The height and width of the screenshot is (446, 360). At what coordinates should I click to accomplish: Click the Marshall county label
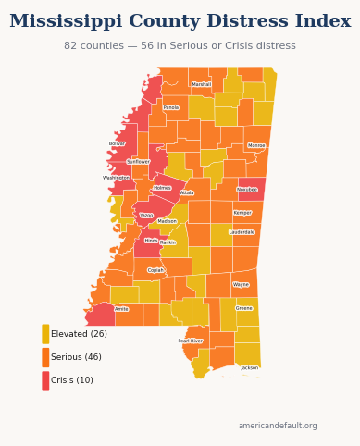pyautogui.click(x=201, y=84)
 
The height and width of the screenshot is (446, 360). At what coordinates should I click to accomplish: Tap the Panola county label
pyautogui.click(x=171, y=107)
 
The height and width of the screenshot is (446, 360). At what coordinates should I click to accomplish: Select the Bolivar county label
pyautogui.click(x=117, y=143)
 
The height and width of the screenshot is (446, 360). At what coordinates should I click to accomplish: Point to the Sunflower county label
pyautogui.click(x=138, y=162)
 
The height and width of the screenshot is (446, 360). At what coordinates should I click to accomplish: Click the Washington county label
pyautogui.click(x=117, y=178)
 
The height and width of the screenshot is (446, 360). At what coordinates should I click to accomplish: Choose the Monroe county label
pyautogui.click(x=256, y=145)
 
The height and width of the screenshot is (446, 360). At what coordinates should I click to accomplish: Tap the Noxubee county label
pyautogui.click(x=247, y=190)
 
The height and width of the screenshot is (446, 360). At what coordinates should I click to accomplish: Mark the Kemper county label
pyautogui.click(x=242, y=213)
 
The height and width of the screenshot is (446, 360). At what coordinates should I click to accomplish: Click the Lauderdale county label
pyautogui.click(x=242, y=232)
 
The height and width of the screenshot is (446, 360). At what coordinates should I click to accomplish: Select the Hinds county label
pyautogui.click(x=151, y=241)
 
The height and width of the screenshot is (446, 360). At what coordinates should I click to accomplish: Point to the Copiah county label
pyautogui.click(x=155, y=271)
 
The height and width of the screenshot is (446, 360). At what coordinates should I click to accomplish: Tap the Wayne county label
pyautogui.click(x=241, y=285)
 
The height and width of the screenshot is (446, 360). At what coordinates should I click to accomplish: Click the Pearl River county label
pyautogui.click(x=191, y=341)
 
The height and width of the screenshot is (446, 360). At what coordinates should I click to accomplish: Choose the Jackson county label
pyautogui.click(x=250, y=367)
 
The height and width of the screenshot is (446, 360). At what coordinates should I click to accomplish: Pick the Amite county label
pyautogui.click(x=121, y=309)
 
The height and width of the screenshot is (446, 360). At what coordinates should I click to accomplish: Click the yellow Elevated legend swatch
pyautogui.click(x=45, y=334)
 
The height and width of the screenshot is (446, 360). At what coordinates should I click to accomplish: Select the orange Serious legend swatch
pyautogui.click(x=45, y=357)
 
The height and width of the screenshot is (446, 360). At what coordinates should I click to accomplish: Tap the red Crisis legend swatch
pyautogui.click(x=45, y=380)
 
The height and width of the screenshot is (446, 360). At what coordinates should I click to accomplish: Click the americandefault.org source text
pyautogui.click(x=278, y=427)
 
